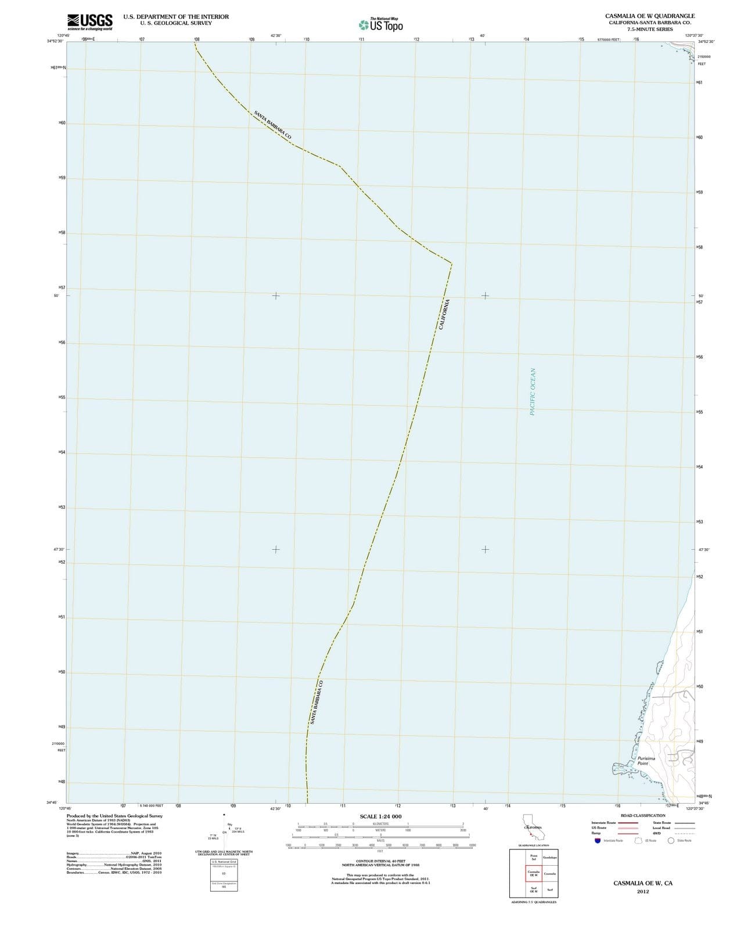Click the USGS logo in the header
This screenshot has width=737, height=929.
coord(89,22)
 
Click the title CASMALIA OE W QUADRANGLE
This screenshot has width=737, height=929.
coord(649,16)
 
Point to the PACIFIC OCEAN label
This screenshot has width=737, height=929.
coord(533,391)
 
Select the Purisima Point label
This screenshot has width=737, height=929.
coord(646,761)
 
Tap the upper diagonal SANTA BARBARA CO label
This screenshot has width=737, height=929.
coord(272,124)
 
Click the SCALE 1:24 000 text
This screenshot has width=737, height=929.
coord(380,816)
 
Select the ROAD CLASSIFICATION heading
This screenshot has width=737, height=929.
coord(643,816)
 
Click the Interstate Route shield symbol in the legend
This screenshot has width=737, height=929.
coord(597,840)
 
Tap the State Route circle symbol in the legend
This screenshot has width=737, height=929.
coord(671,840)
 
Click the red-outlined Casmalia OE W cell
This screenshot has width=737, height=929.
coord(533,873)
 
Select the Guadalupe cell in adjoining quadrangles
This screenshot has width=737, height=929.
coord(549,858)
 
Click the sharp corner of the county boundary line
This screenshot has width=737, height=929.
coord(451,264)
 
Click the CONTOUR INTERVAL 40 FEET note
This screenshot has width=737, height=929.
coord(380,861)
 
